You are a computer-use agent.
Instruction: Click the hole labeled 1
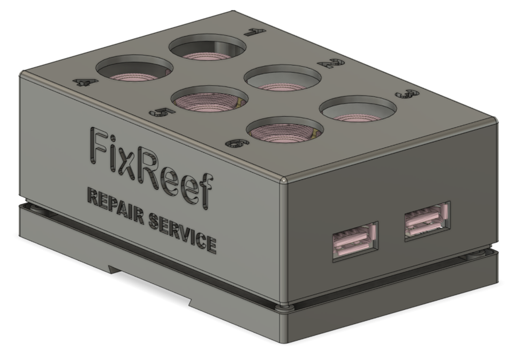click(x=208, y=49)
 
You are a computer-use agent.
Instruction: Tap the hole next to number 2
click(x=283, y=78)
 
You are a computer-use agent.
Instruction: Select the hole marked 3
click(x=359, y=109)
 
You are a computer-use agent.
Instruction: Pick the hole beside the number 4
click(x=134, y=68)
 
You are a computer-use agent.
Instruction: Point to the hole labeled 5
click(x=210, y=99)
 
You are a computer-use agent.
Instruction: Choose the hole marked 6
click(x=285, y=130)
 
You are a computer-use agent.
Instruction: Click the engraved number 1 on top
click(x=255, y=32)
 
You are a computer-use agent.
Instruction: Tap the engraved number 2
click(x=331, y=63)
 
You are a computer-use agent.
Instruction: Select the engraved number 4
click(x=82, y=82)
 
